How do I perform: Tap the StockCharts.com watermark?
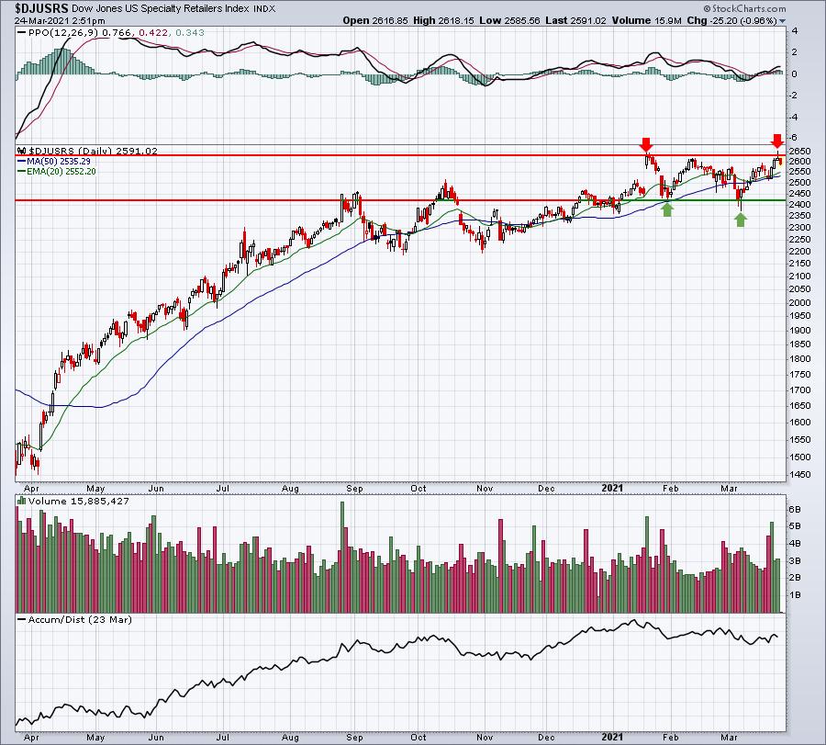pos(744,8)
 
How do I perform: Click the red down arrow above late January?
pos(646,144)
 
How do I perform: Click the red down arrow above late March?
pos(777,141)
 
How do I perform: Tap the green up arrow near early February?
pos(667,209)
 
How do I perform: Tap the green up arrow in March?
pos(741,220)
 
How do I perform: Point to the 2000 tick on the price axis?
pos(799,302)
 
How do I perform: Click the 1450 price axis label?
pos(799,474)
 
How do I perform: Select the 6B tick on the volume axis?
pos(795,509)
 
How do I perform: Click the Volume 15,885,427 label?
pos(79,501)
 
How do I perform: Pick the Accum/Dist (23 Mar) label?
pos(80,619)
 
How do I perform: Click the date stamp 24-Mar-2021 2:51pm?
pos(60,21)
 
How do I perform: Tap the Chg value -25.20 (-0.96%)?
pos(751,20)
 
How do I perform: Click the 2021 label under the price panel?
pos(612,488)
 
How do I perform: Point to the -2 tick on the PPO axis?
pos(793,96)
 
